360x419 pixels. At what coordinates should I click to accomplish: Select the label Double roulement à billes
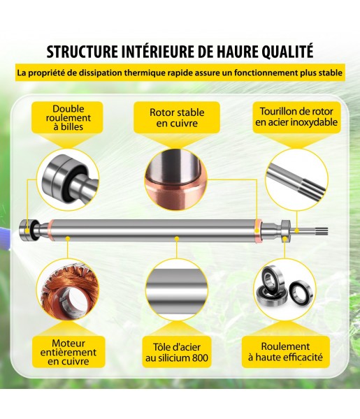pyautogui.click(x=69, y=117)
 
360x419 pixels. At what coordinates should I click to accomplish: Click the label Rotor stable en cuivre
pyautogui.click(x=177, y=117)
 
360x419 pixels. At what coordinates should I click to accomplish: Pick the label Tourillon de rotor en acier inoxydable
pyautogui.click(x=296, y=117)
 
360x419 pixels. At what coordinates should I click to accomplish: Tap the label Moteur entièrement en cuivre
pyautogui.click(x=69, y=352)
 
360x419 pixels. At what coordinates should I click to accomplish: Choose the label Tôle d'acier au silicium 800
pyautogui.click(x=177, y=353)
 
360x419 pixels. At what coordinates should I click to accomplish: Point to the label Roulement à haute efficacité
pyautogui.click(x=285, y=352)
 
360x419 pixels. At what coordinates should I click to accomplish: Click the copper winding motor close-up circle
pyautogui.click(x=68, y=290)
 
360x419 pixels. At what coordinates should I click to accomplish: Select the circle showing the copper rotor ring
pyautogui.click(x=176, y=179)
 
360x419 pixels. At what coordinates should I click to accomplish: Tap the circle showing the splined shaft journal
pyautogui.click(x=296, y=179)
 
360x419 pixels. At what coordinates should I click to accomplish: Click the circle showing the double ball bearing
pyautogui.click(x=68, y=179)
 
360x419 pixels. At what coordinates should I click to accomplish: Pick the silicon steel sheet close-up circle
pyautogui.click(x=177, y=290)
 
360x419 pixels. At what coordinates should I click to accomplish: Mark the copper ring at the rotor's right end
pyautogui.click(x=258, y=230)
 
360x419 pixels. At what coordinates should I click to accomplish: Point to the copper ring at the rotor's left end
pyautogui.click(x=52, y=230)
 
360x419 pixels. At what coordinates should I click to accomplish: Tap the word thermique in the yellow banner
pyautogui.click(x=145, y=73)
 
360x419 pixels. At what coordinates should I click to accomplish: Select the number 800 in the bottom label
pyautogui.click(x=200, y=358)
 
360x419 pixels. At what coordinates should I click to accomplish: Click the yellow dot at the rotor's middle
pyautogui.click(x=177, y=238)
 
